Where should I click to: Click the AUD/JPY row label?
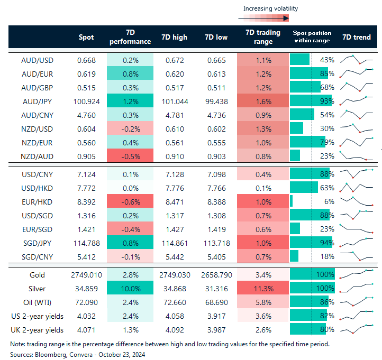click(39, 100)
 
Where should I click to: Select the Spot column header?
click(86, 37)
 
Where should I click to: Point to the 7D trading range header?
click(259, 37)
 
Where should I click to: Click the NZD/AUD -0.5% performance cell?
click(130, 155)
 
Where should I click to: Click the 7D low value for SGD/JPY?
click(216, 242)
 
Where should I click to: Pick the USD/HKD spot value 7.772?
click(86, 187)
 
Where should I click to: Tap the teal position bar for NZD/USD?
click(297, 128)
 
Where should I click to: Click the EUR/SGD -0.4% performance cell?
click(130, 228)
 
